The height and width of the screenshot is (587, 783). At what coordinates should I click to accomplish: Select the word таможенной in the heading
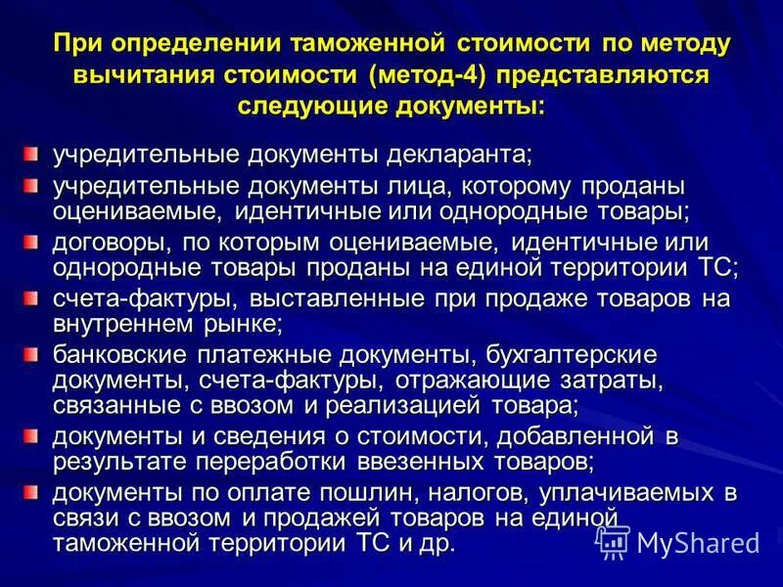tap(367, 45)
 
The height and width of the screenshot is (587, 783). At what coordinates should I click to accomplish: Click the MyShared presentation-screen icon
tap(614, 541)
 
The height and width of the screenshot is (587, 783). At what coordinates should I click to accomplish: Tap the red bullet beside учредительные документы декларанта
tap(32, 154)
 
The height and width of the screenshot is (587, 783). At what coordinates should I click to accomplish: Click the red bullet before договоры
tap(32, 241)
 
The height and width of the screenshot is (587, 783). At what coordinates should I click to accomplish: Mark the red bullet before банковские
tap(32, 352)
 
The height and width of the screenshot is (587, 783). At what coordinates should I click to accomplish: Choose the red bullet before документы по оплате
tap(32, 488)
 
